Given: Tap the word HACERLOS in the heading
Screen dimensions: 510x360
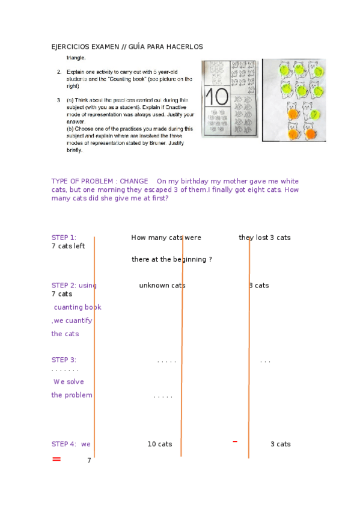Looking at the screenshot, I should (x=186, y=46).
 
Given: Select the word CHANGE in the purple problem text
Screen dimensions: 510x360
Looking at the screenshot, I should (x=133, y=181).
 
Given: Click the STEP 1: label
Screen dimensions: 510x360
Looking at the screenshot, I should (x=64, y=238).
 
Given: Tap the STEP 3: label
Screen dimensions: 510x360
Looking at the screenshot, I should (x=64, y=360).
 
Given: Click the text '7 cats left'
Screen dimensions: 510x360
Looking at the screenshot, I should (x=68, y=246).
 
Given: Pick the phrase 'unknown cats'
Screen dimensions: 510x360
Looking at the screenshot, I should (x=162, y=285).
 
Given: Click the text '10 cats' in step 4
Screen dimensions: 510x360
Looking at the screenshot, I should (x=160, y=444).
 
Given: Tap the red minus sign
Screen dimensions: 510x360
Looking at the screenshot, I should (x=235, y=441).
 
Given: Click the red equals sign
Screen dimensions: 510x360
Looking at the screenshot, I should (x=56, y=459).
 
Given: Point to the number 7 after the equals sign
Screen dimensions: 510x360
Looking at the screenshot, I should (x=89, y=461).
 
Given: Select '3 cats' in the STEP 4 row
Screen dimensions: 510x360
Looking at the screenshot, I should (x=280, y=444).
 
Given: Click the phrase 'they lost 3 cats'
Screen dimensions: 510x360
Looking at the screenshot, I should (x=264, y=238).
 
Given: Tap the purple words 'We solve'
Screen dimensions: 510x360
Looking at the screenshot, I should (x=69, y=381).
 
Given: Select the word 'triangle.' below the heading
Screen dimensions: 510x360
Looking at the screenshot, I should (x=76, y=58).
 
